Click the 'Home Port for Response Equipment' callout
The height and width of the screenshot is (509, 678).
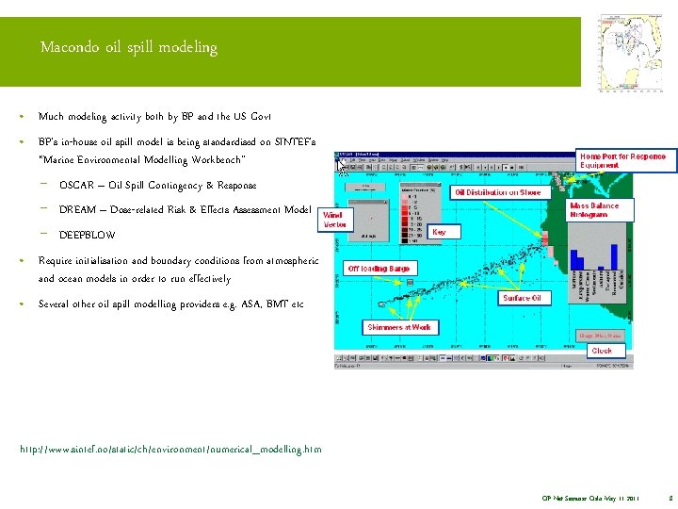point(621,160)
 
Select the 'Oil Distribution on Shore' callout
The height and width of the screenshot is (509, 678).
point(497,192)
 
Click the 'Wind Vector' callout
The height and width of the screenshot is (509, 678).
point(334,220)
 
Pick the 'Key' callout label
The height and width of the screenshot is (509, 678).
point(439,231)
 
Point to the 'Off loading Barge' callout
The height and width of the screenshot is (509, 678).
point(379,269)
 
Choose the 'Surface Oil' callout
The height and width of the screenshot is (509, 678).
point(522,298)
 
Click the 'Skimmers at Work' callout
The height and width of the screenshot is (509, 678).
point(398,327)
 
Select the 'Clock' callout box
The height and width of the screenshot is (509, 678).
point(601,351)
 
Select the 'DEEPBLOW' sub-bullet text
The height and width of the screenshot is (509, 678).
point(88,235)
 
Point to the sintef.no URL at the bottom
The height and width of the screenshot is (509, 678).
point(170,450)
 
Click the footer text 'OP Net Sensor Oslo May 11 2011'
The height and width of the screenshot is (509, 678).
point(589,497)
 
